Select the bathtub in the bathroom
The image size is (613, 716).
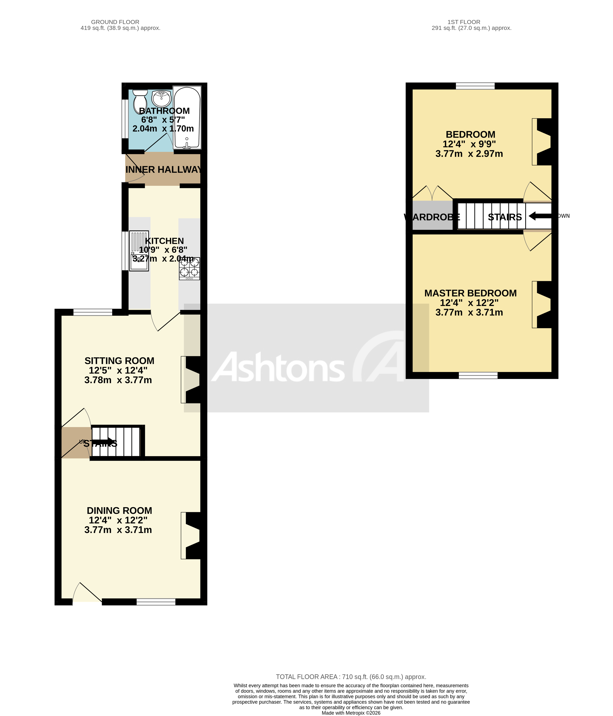[187, 118]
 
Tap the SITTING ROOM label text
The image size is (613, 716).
[119, 361]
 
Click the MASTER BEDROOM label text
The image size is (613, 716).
[470, 293]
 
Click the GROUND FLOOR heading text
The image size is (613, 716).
[115, 22]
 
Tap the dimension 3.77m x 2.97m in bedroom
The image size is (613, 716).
[469, 154]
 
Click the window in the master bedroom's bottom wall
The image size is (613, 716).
[478, 375]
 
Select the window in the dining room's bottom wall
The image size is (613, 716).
[156, 602]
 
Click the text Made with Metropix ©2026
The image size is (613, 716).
[351, 713]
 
